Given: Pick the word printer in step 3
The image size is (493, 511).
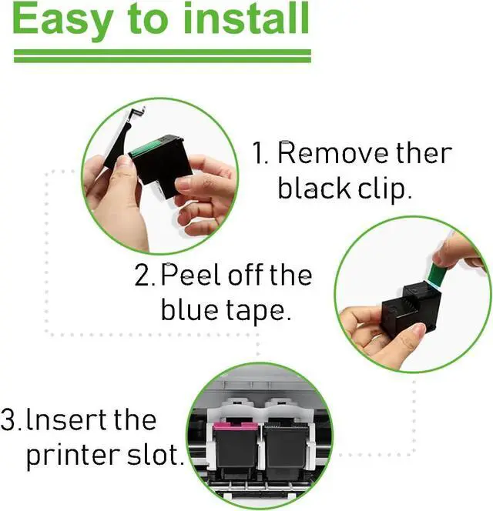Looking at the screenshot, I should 70,455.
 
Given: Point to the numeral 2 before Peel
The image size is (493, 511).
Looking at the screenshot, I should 144,276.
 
